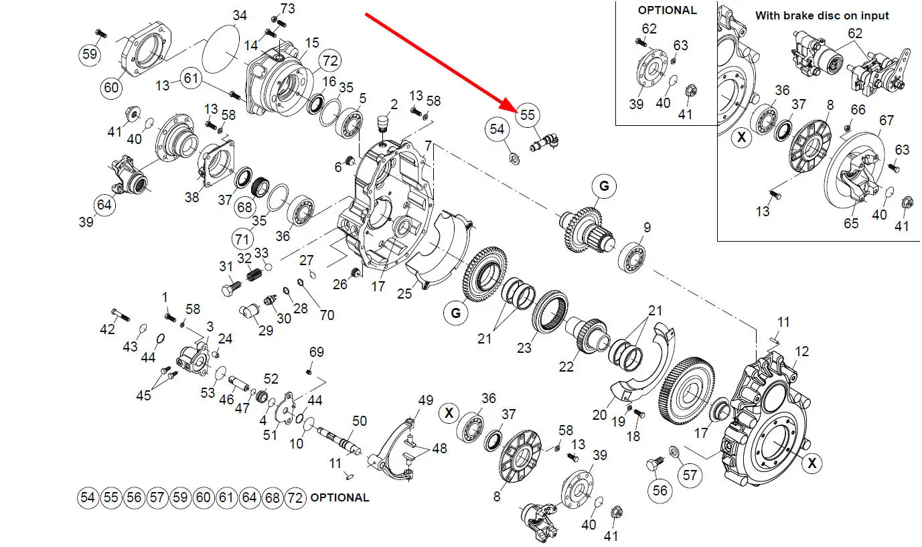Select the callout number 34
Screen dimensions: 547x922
[x=239, y=15]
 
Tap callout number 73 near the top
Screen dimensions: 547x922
[x=287, y=9]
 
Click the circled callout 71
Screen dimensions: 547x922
[x=243, y=238]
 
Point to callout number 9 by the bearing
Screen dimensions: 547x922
[x=647, y=228]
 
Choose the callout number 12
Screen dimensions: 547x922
[x=801, y=351]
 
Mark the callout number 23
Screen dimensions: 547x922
[x=524, y=347]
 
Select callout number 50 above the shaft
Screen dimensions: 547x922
[x=360, y=420]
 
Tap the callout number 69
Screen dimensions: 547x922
[x=316, y=352]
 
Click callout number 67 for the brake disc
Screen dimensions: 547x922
[x=887, y=121]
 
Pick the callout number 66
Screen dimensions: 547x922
[x=858, y=110]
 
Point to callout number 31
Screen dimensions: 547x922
[x=226, y=266]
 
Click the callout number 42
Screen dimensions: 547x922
[x=108, y=329]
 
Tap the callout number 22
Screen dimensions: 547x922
[x=566, y=368]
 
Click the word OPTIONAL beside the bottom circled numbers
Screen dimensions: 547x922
[x=339, y=497]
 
